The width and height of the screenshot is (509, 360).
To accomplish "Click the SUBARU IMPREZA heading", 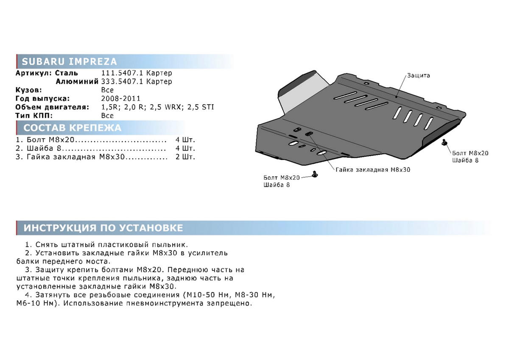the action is click(x=69, y=61).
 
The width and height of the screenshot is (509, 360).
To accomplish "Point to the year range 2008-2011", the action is click(x=121, y=98).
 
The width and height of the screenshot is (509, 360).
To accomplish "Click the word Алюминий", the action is click(x=77, y=81).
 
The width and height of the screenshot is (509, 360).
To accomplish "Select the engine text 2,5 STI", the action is click(x=201, y=107).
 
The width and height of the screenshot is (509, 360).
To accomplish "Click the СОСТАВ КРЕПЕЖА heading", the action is click(x=72, y=128).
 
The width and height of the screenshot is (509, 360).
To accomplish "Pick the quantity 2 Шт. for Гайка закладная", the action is click(x=185, y=157).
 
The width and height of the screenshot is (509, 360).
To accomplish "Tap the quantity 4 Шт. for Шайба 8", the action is click(x=185, y=148).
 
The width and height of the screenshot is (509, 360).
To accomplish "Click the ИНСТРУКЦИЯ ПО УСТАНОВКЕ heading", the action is click(x=103, y=228).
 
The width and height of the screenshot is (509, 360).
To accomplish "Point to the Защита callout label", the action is click(x=418, y=75).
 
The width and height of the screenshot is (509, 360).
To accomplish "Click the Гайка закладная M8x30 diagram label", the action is click(x=373, y=170).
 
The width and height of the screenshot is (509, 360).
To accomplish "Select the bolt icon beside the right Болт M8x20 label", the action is click(x=444, y=142).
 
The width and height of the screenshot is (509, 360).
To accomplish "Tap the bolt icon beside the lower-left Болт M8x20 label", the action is click(x=315, y=174).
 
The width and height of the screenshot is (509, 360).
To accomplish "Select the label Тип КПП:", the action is click(x=34, y=116).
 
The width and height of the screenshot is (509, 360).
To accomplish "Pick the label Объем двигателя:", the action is click(x=52, y=107).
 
